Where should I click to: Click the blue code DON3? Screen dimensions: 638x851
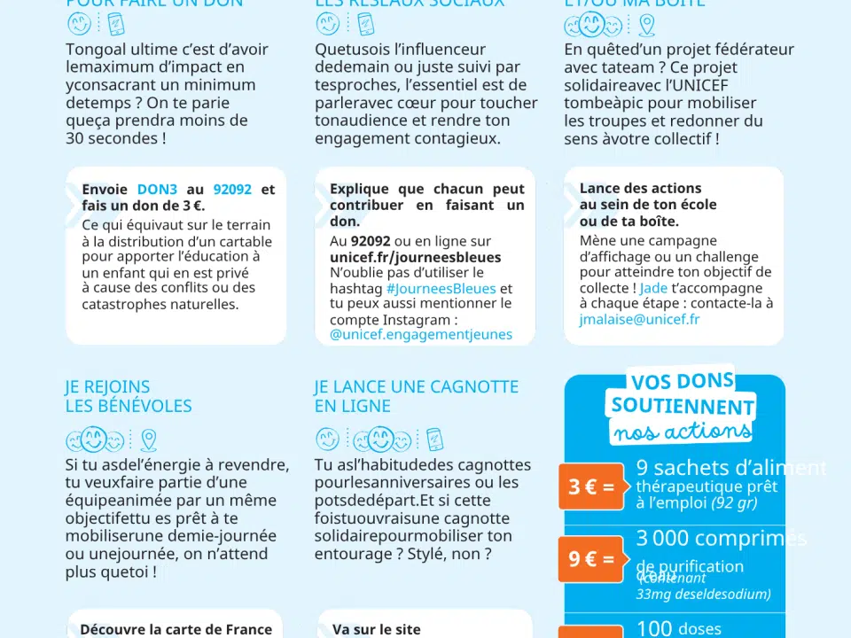pos(157,190)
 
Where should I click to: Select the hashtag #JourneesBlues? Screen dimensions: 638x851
pos(441,289)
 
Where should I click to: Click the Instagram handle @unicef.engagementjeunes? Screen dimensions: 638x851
pos(421,335)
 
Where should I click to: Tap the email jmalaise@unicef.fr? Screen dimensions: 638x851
pos(639,320)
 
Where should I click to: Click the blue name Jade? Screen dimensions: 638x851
pos(653,288)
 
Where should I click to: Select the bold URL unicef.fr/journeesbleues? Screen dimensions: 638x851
pos(415,257)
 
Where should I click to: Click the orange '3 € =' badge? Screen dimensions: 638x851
pos(591,487)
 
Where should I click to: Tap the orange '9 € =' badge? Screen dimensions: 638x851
pos(591,559)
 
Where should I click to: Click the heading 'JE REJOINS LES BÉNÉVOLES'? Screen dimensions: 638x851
pos(128,396)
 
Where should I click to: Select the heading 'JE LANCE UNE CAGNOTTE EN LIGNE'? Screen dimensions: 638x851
pos(416,396)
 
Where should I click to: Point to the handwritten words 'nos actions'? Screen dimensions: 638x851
pos(681,432)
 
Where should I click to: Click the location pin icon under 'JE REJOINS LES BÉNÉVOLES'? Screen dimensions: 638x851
pos(148,440)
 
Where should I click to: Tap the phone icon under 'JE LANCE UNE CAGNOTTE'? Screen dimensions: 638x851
pos(433,440)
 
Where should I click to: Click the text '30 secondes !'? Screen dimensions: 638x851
pos(115,138)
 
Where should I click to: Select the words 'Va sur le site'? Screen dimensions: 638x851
pos(376,629)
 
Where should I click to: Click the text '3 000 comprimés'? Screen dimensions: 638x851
pos(721,539)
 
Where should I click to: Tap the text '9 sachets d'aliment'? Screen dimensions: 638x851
pos(730,468)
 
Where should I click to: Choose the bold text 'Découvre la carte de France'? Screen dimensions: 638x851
pos(176,629)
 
